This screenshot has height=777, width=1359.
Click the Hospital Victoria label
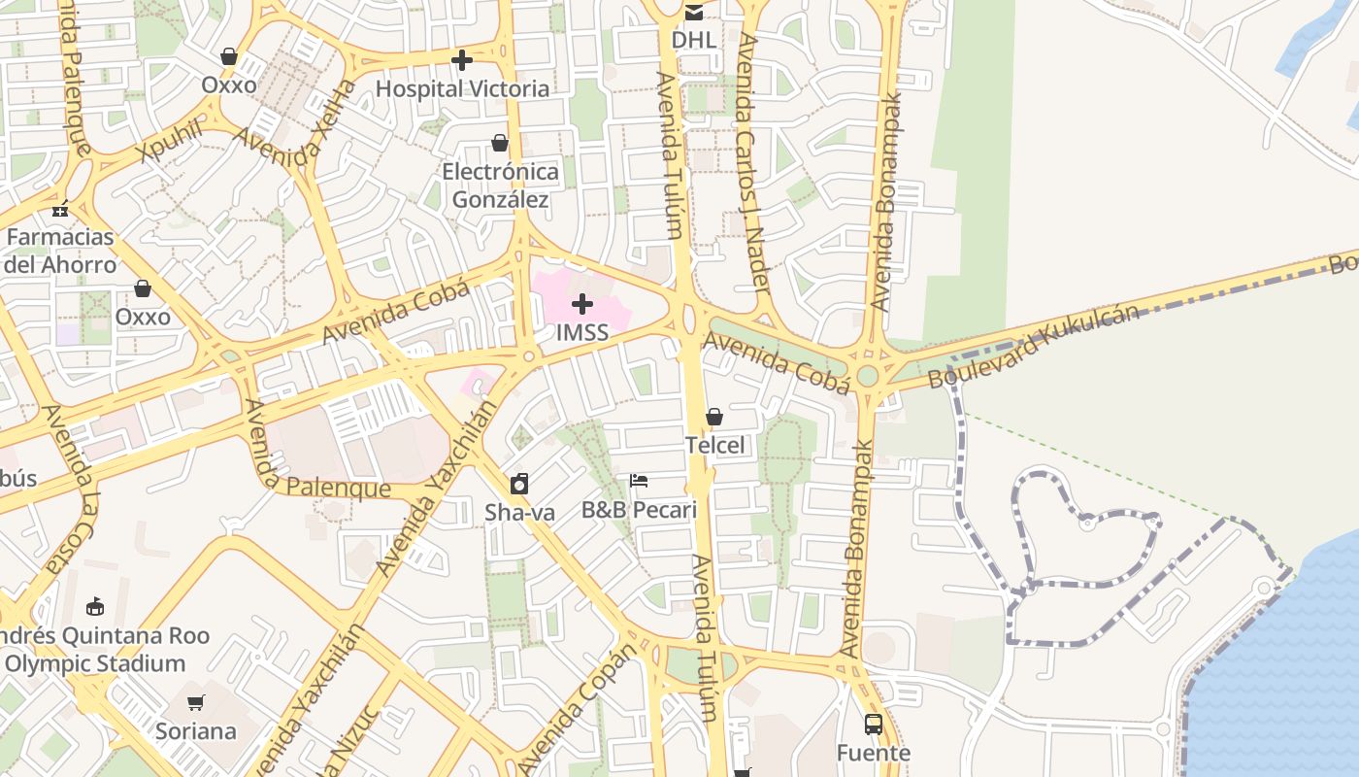462,88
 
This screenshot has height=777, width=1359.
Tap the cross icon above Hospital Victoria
462,61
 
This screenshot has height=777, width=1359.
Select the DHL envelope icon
694,13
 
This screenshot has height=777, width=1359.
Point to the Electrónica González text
500,186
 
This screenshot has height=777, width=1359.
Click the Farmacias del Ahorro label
60,251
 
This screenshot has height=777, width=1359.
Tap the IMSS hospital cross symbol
582,305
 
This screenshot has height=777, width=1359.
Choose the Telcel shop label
714,445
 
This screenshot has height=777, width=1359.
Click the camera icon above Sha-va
519,484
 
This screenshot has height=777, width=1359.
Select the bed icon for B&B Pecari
639,481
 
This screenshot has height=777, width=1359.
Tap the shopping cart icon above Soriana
196,702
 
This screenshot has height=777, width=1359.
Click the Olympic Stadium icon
95,607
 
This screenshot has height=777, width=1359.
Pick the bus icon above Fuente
874,725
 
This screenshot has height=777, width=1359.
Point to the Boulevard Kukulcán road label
1033,347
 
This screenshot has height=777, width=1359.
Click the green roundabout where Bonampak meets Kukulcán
867,376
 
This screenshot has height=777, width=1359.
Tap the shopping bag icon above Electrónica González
500,144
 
